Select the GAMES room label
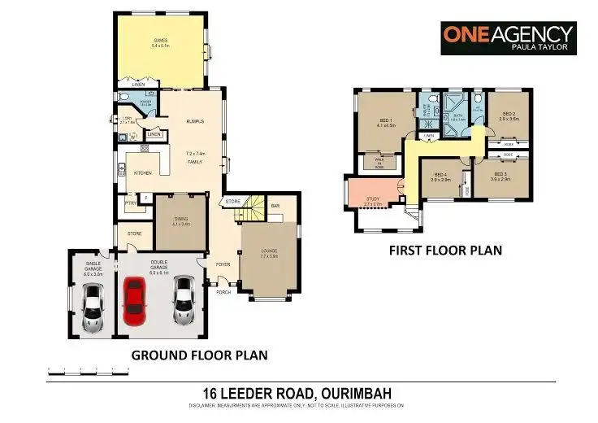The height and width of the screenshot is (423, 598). (x=160, y=40)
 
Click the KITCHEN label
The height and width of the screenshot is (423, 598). (x=143, y=172)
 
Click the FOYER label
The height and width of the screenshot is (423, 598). (x=223, y=264)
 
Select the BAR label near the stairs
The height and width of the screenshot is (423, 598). (x=275, y=206)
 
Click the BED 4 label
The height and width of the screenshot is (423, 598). (x=440, y=175)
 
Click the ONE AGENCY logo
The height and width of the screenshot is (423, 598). (x=508, y=37)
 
